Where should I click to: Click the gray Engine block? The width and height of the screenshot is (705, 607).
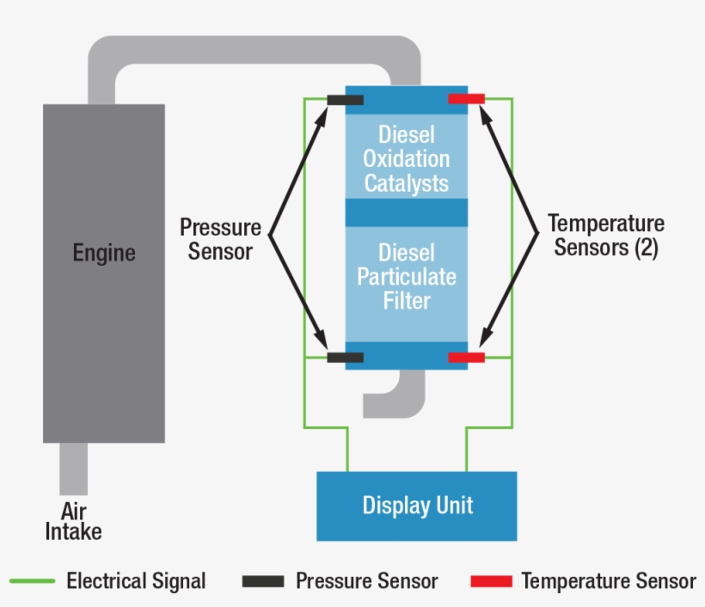(x=103, y=327)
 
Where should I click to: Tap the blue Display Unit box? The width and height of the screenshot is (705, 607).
(x=417, y=506)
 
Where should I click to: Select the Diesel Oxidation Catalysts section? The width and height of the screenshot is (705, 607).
(x=406, y=159)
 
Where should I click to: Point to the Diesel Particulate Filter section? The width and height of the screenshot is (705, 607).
(x=406, y=277)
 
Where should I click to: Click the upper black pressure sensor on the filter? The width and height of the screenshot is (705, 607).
(x=345, y=100)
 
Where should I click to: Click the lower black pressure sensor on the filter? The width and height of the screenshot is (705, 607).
(x=345, y=357)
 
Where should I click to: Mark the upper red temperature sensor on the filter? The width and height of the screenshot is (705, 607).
(x=467, y=100)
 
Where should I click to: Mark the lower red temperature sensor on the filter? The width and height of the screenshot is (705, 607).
(x=467, y=357)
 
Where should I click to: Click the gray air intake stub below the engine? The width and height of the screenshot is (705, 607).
(x=73, y=469)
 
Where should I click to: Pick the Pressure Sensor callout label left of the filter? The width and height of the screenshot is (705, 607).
(x=220, y=239)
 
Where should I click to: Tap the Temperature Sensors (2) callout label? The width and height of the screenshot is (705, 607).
(x=606, y=236)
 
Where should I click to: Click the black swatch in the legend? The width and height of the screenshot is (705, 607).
(x=262, y=581)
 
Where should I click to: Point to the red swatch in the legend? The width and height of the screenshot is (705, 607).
(x=491, y=581)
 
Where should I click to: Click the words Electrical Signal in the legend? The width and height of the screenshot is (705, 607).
(x=136, y=581)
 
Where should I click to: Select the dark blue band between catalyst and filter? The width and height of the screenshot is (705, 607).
(x=406, y=212)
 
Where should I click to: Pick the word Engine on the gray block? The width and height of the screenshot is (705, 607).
(x=104, y=253)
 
